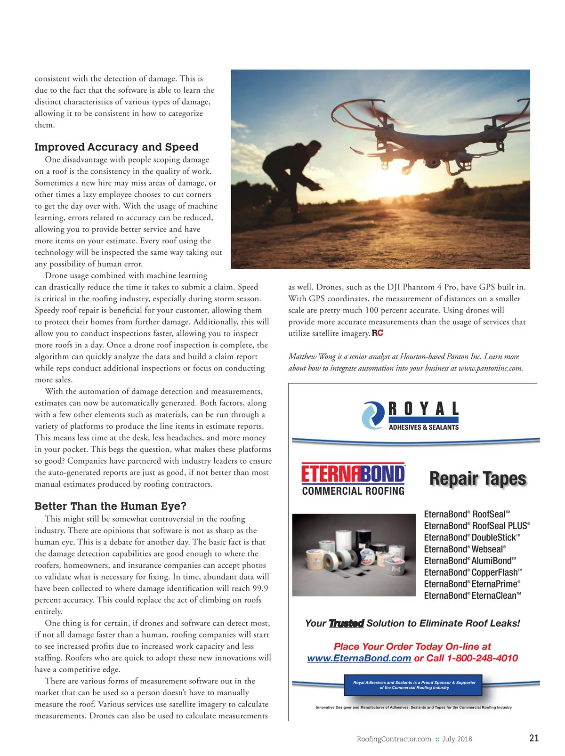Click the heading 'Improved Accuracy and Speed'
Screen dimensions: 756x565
coord(116,147)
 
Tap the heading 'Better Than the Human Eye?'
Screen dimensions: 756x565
coord(110,506)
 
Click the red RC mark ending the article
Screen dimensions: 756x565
coord(377,333)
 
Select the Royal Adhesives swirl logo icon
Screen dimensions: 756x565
coord(373,415)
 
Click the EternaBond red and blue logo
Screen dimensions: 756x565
coord(353,474)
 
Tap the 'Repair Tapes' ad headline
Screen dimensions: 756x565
coord(477,478)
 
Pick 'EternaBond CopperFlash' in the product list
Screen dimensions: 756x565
coord(473,572)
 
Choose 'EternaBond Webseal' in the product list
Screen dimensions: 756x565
coord(465,549)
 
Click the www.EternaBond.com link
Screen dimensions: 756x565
coord(359,658)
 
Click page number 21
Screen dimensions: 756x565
coord(534,738)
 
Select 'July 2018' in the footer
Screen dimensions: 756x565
coord(457,739)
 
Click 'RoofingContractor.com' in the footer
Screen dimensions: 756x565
coord(394,739)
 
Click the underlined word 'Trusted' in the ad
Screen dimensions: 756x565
coord(346,623)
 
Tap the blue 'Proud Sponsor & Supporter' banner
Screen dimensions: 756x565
coord(414,685)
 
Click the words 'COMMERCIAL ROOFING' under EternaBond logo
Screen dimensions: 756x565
coord(353,491)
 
